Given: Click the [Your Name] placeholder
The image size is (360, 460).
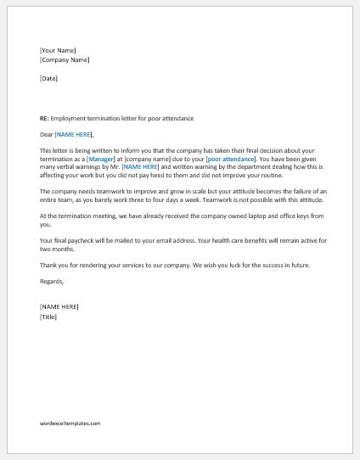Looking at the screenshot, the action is (x=58, y=51).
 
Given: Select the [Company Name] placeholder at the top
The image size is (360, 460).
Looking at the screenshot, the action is (x=65, y=60).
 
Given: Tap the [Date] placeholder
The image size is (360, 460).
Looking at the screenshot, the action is (x=48, y=79).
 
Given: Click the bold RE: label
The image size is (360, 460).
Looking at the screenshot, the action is (x=44, y=118).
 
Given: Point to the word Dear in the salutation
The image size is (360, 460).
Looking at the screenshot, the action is (x=46, y=134).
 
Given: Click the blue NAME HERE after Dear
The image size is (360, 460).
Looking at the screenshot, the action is (x=74, y=134).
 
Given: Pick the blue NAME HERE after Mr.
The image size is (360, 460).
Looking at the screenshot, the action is (x=139, y=167).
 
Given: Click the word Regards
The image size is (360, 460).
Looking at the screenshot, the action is (x=51, y=281).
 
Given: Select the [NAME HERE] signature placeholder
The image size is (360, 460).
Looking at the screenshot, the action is (x=59, y=306).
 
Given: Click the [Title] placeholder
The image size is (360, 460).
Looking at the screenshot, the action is (x=48, y=316).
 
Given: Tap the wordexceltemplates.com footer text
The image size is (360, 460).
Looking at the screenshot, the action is (x=70, y=423).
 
